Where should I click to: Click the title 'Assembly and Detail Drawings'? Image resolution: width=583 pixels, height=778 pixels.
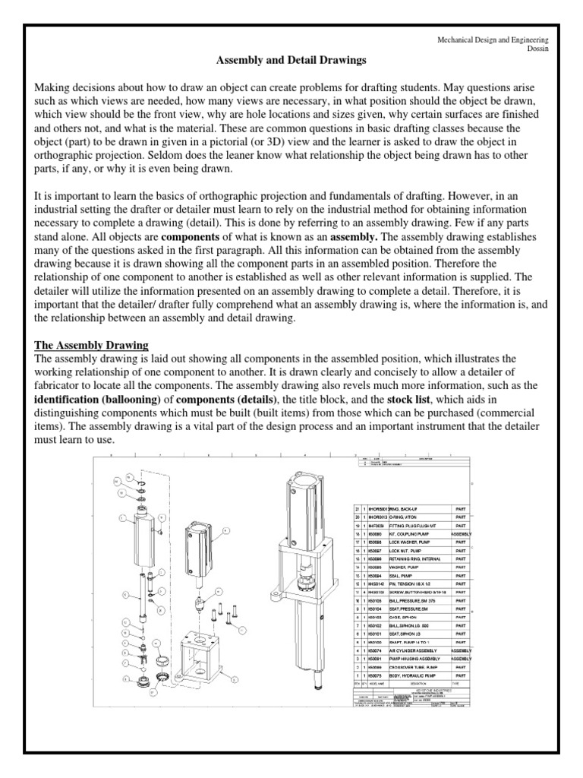click(291, 59)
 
